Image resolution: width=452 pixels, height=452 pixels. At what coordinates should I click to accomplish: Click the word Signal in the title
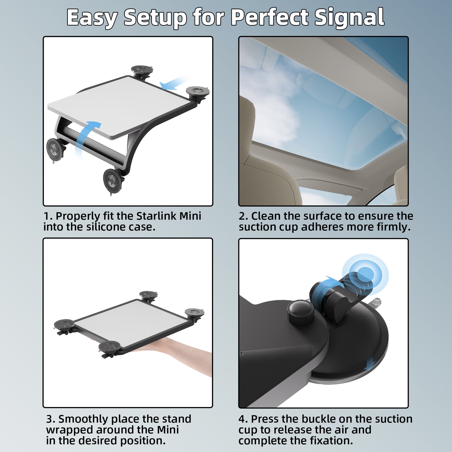click(x=349, y=18)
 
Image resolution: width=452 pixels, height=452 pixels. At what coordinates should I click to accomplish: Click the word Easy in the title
click(x=92, y=18)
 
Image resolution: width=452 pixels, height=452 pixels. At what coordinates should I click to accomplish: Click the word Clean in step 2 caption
click(x=266, y=216)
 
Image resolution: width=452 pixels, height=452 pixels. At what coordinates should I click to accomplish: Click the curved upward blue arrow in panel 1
click(x=85, y=136)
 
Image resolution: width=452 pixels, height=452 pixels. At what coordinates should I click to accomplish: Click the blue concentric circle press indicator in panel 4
click(x=365, y=275)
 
